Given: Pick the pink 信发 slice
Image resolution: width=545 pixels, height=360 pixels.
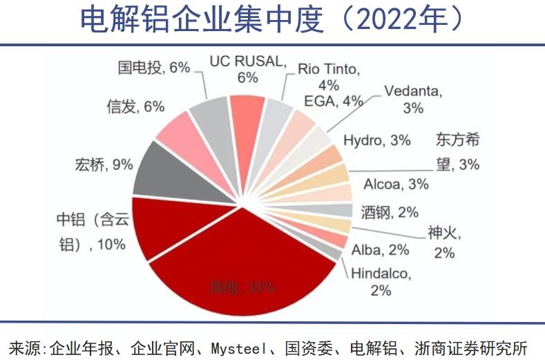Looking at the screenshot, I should [182, 131].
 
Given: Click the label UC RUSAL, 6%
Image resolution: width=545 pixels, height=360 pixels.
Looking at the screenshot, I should [247, 69].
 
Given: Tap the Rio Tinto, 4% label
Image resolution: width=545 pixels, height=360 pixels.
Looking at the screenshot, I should [329, 77].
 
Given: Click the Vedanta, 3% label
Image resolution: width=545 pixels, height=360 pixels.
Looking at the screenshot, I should [413, 99].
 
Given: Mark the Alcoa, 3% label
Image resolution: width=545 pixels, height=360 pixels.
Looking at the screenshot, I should [396, 184].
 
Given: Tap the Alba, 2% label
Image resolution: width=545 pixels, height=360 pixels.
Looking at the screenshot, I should [380, 249].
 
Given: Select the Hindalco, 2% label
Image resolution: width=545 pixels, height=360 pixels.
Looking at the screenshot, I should [381, 281].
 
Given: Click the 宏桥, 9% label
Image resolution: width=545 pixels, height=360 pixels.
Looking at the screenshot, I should [103, 164].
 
